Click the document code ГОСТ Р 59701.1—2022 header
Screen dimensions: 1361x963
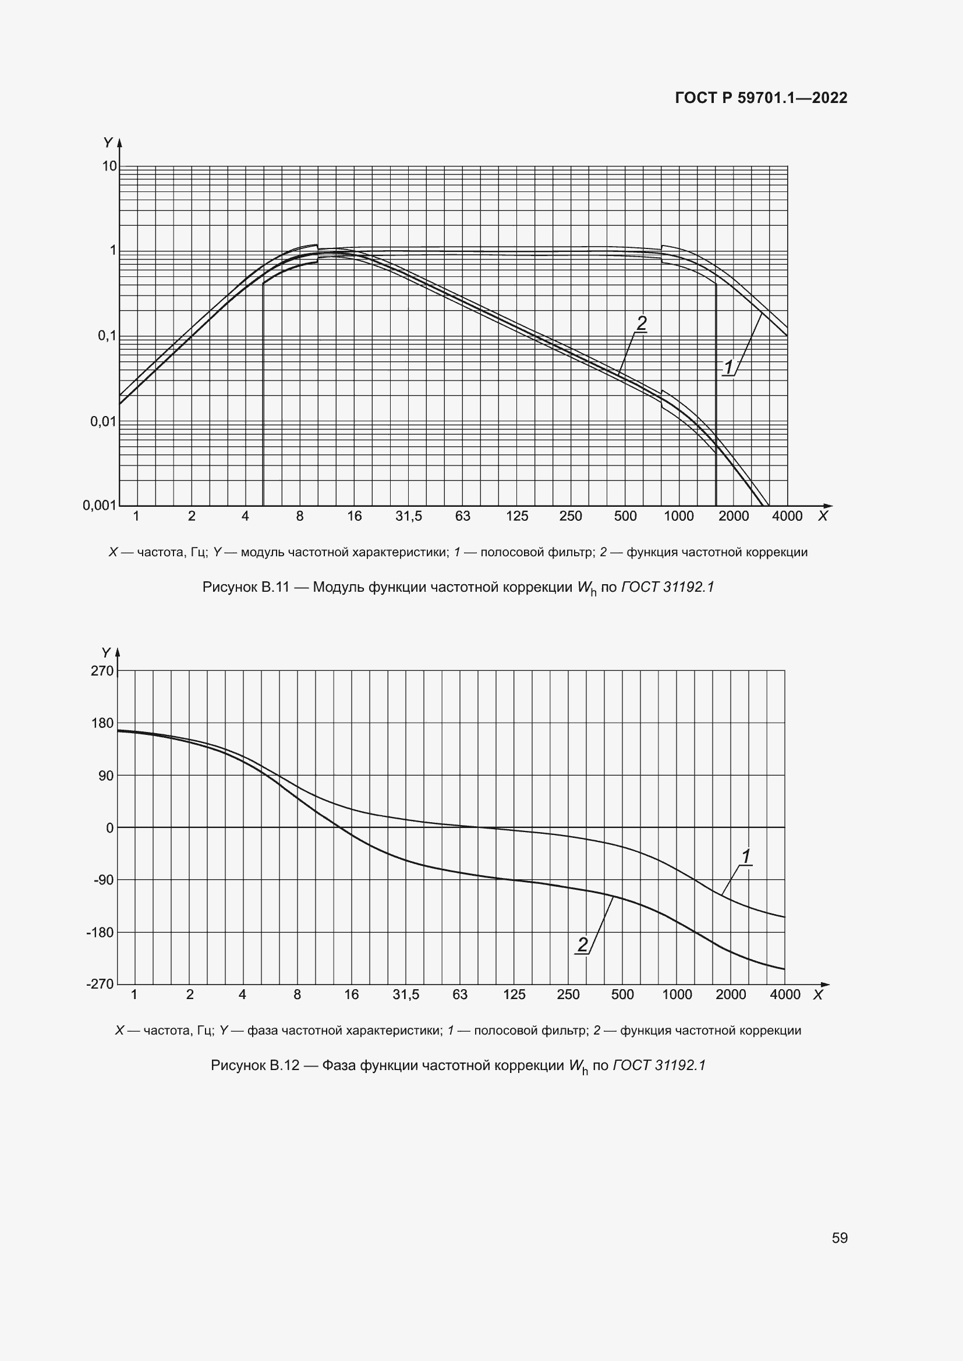761,98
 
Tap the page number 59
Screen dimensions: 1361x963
839,1238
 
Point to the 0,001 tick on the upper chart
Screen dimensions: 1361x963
99,505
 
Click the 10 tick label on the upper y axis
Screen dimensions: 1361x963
109,166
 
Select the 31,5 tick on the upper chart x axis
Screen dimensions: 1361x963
409,516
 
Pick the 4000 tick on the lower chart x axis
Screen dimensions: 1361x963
784,994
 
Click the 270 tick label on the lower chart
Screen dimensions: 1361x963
102,671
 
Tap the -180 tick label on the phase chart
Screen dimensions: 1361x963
100,932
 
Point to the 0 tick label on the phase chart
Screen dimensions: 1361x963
109,828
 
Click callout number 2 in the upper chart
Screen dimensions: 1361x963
642,323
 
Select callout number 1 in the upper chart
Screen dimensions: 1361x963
728,368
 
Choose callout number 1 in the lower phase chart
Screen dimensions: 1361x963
746,857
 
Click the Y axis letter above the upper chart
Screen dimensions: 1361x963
108,143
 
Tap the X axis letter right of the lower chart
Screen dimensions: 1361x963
817,995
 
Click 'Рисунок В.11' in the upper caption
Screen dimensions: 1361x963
246,588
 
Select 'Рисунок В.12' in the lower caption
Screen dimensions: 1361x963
255,1066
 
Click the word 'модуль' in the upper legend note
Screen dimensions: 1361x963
260,552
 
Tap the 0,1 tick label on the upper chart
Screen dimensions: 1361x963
107,336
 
